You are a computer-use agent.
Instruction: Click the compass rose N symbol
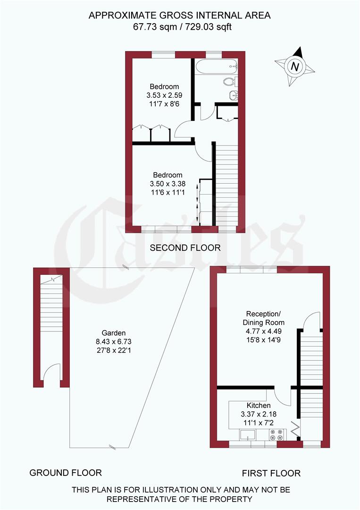(x=295, y=67)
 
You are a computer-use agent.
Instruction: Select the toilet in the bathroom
(x=230, y=81)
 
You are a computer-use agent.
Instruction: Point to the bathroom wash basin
(x=233, y=96)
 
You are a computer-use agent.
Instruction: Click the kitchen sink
(x=248, y=434)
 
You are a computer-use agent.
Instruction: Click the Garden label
(x=114, y=332)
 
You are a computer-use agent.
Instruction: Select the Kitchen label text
(x=259, y=405)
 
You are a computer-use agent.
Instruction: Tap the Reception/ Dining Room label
(x=265, y=318)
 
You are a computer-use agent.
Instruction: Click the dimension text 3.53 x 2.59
(x=164, y=95)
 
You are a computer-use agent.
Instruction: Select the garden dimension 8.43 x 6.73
(x=114, y=341)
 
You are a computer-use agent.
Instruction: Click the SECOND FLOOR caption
(x=185, y=247)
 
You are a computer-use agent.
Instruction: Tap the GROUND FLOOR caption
(x=66, y=472)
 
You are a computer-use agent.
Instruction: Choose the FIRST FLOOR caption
(x=271, y=473)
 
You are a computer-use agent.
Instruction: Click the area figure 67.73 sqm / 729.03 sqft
(x=180, y=27)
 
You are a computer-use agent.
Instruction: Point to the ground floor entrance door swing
(x=52, y=373)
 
